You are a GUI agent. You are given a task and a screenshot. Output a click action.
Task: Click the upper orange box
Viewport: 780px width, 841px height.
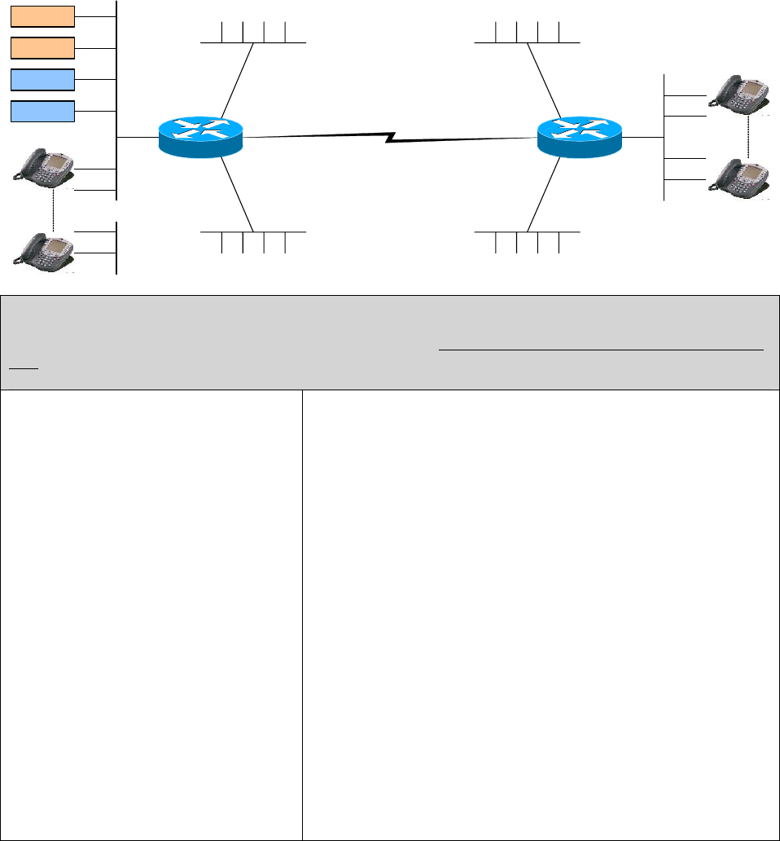tap(42, 15)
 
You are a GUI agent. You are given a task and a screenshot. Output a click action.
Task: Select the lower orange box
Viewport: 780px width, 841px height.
tap(42, 47)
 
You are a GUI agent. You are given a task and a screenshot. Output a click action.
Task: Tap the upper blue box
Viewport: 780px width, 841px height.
tap(42, 79)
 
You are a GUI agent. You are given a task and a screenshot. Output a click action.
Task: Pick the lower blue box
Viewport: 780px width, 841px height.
tap(42, 111)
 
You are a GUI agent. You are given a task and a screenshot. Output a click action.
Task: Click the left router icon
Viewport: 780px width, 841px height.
tap(201, 136)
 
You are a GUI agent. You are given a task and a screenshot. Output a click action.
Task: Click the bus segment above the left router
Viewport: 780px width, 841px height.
tap(253, 42)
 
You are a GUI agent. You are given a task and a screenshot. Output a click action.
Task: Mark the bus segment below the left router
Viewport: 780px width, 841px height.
tap(253, 231)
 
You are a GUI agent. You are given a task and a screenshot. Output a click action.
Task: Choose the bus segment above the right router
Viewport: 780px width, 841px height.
tap(528, 42)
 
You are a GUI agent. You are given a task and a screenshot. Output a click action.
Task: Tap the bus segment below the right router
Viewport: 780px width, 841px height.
tap(528, 231)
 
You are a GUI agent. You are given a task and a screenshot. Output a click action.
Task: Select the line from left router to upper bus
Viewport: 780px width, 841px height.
tap(237, 79)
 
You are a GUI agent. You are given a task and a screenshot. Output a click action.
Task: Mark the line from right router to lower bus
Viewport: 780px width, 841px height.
tap(544, 193)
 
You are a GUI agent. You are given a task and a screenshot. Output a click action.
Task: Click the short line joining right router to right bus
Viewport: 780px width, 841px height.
tap(642, 137)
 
